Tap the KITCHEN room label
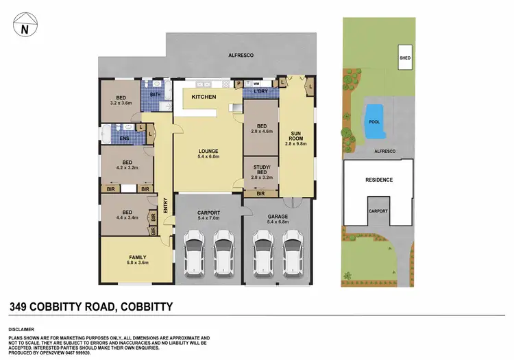[204, 97]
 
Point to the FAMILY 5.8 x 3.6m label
[138, 259]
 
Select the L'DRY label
[259, 93]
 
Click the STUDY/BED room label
[261, 170]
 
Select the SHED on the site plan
[405, 59]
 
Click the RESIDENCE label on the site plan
[378, 180]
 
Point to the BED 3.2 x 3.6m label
[121, 101]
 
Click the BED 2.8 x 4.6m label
[261, 128]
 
